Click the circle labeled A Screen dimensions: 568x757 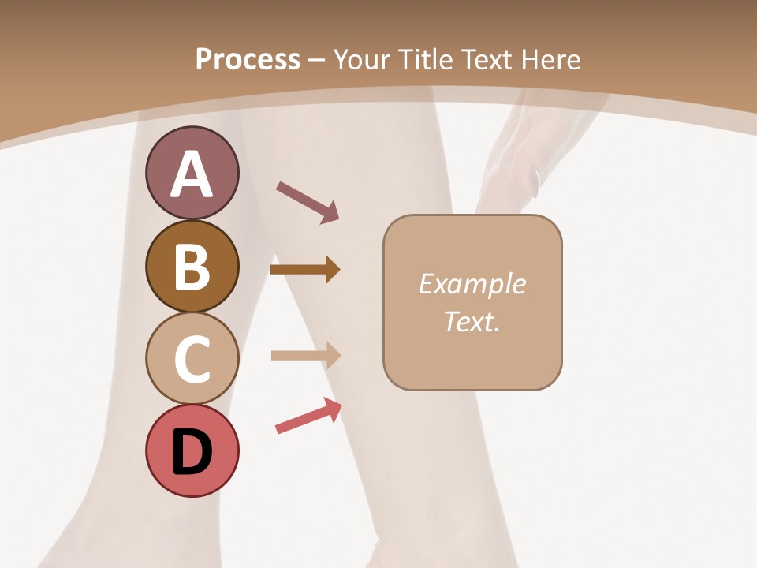point(192,173)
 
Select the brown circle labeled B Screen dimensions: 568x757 point(192,266)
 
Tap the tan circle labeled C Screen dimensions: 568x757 point(192,358)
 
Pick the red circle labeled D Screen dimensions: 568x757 point(192,450)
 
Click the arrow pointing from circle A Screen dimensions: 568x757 point(308,202)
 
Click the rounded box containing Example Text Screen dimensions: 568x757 point(472,302)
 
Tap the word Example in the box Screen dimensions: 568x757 point(472,284)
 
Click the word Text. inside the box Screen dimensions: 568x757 point(472,321)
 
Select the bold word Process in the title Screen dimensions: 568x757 point(248,59)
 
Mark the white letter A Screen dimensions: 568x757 point(192,174)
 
